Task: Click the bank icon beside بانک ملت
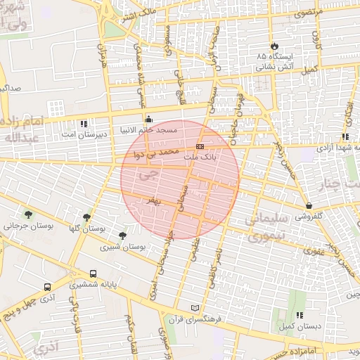(x=200, y=147)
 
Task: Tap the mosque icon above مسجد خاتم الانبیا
(x=148, y=119)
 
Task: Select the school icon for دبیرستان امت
(x=84, y=124)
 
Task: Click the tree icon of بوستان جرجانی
(x=27, y=215)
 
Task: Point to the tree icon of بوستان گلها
(x=86, y=218)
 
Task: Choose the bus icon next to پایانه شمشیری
(x=94, y=274)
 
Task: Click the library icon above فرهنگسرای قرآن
(x=195, y=308)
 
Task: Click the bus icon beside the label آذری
(x=47, y=288)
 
